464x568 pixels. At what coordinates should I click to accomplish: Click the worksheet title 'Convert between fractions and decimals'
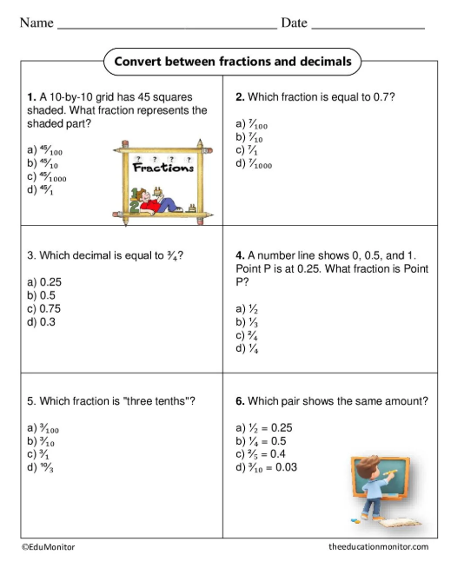(x=233, y=62)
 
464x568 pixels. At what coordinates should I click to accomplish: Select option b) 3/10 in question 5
(x=43, y=441)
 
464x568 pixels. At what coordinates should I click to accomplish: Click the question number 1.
(x=30, y=97)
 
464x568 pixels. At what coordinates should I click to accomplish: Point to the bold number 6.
(x=239, y=401)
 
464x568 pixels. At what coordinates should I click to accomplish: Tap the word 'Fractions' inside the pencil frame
(x=162, y=168)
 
